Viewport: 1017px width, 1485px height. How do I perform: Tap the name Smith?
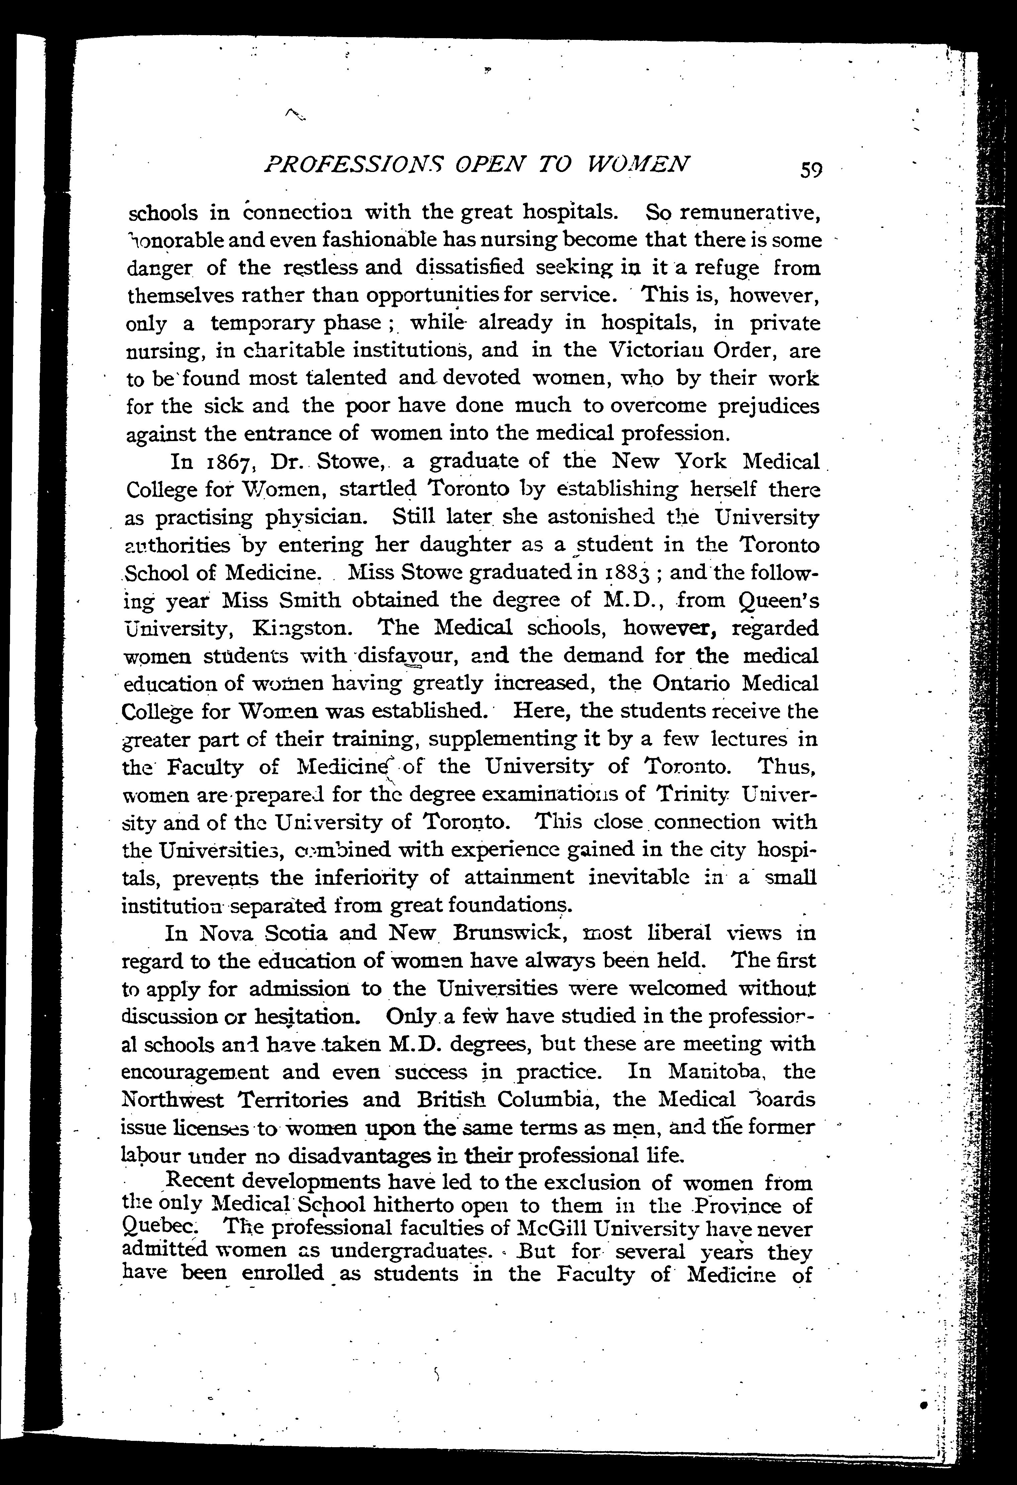tap(314, 600)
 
